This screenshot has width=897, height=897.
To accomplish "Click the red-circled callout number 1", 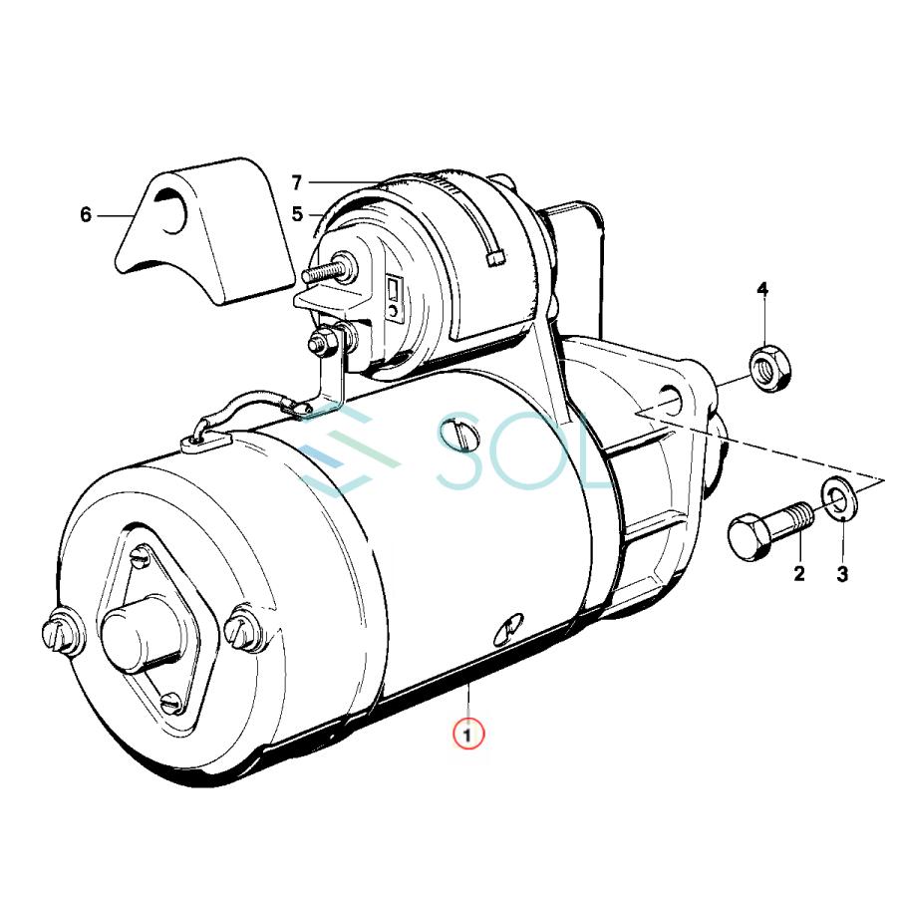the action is pos(468,735).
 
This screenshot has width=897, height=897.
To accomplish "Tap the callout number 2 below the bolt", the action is pos(799,573).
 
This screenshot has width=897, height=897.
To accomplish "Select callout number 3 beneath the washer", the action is pos(842,574).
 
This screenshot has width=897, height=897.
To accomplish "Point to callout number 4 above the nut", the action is pos(762,289).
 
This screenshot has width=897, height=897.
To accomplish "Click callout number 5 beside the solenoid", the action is pos(297,214).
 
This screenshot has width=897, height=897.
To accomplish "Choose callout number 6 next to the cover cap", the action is pos(86,215).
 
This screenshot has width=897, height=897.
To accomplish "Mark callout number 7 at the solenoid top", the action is pos(296,183).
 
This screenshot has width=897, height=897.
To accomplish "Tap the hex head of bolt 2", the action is pos(748,537).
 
